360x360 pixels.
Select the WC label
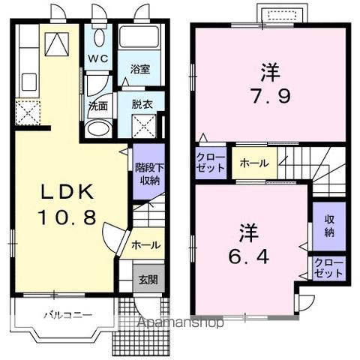[98, 58]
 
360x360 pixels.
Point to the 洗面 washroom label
[98, 106]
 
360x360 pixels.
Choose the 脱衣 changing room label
[140, 106]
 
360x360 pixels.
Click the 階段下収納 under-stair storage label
[149, 173]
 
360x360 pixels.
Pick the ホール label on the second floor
[254, 163]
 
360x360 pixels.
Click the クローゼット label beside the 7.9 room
[211, 163]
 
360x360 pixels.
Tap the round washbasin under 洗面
[97, 128]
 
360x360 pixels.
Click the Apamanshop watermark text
[180, 323]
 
